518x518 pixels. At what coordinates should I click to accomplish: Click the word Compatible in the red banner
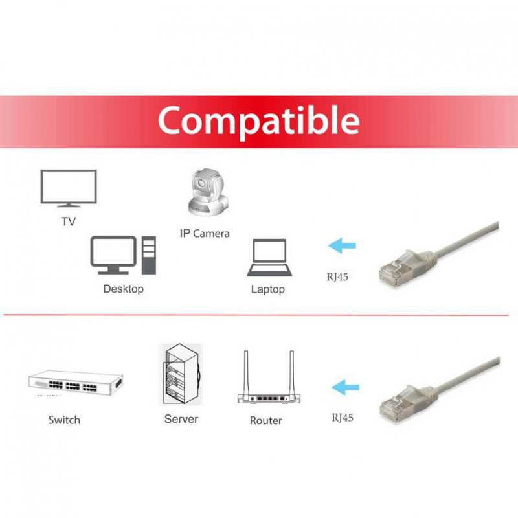(x=258, y=120)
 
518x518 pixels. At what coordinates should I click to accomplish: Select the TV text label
(x=68, y=221)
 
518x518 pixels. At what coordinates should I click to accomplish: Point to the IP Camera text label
(x=204, y=233)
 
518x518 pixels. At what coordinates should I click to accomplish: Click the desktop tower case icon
(x=148, y=256)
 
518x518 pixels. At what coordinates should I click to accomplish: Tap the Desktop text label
(x=123, y=289)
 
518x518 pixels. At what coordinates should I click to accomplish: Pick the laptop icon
(x=267, y=258)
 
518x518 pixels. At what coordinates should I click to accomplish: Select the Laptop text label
(x=267, y=289)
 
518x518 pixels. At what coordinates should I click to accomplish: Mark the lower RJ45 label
(x=342, y=418)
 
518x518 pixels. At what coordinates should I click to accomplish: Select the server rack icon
(x=181, y=376)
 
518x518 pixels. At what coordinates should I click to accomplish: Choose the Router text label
(x=265, y=421)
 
